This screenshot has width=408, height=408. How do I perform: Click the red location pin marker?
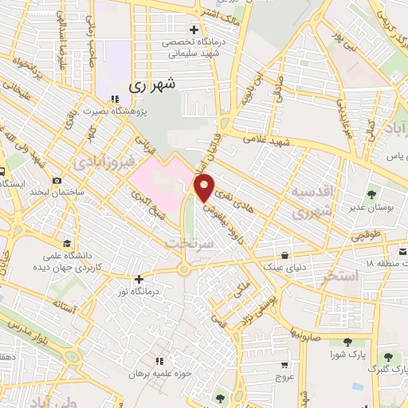(205, 186)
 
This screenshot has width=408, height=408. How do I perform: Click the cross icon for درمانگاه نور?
(140, 279)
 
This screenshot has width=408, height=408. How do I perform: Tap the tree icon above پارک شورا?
(348, 342)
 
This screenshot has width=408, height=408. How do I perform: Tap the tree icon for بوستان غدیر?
(371, 194)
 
